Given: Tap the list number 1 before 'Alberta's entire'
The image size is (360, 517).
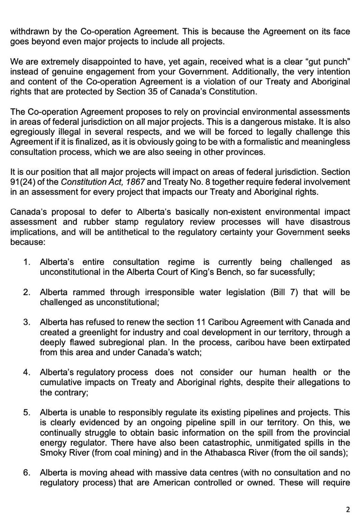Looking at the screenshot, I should (27, 262).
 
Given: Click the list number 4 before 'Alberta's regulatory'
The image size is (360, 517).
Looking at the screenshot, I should (27, 373).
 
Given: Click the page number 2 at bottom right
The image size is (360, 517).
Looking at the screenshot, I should (347, 510).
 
